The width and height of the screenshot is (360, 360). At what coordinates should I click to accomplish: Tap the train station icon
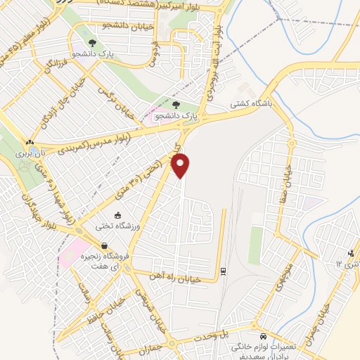point(223,271)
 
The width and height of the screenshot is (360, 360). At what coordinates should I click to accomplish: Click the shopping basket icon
point(105,247)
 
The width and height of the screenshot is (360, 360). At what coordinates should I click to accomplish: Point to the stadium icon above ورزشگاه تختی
point(117,215)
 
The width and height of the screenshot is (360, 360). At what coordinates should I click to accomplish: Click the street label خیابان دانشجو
point(126,25)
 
